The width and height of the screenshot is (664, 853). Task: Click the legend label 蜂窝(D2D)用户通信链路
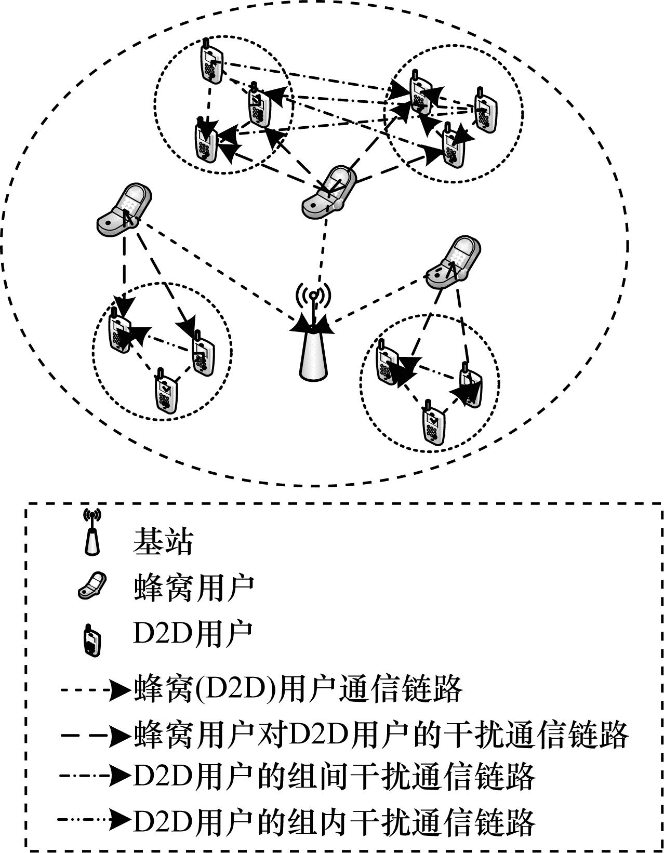[x=298, y=689]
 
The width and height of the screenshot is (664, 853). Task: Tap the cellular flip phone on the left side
[x=124, y=210]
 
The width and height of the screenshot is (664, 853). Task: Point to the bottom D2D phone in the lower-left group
[x=166, y=391]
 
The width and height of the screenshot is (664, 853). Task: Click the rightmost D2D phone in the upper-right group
[x=486, y=110]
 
